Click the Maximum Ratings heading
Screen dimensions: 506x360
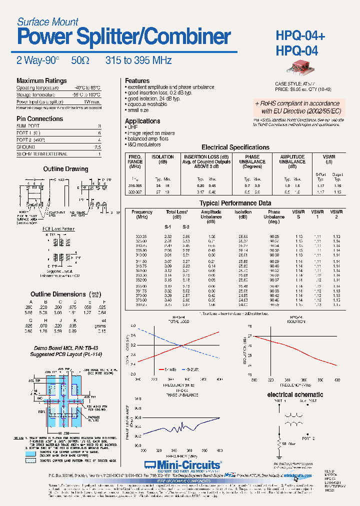41,80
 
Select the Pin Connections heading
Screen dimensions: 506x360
40,119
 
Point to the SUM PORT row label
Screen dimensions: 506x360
28,126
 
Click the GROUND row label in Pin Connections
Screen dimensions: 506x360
26,147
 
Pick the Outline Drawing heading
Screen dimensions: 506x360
65,169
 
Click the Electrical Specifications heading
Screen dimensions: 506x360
235,147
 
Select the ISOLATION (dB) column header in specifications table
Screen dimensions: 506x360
162,159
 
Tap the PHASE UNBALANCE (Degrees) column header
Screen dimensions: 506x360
252,161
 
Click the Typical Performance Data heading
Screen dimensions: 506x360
235,203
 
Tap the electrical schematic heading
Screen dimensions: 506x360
295,394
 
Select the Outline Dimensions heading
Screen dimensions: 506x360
58,294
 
